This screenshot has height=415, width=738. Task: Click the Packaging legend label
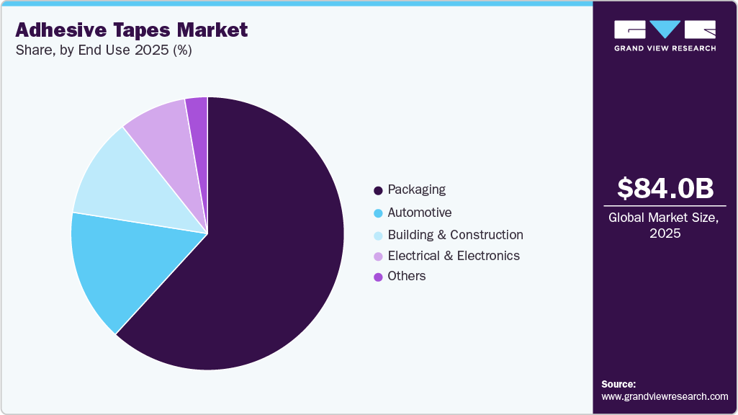(416, 189)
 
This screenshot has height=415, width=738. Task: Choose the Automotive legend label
(419, 213)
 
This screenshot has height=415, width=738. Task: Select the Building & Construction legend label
(455, 235)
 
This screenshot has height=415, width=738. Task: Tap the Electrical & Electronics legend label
(454, 256)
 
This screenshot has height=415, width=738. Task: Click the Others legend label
(406, 276)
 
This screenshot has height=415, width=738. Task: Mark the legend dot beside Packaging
(377, 191)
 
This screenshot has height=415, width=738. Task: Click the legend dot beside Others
(377, 277)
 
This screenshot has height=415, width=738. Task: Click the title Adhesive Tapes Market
(131, 30)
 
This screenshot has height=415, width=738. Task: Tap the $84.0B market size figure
(665, 188)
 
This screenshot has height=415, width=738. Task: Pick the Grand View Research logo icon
(665, 30)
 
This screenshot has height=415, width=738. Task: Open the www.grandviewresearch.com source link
(665, 396)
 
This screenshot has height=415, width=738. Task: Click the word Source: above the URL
(618, 384)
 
